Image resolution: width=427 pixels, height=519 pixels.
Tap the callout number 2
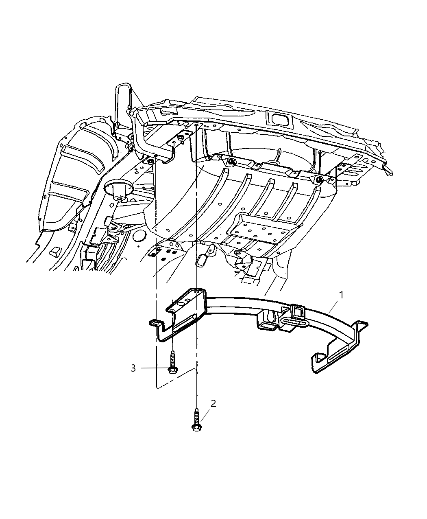[x=213, y=403]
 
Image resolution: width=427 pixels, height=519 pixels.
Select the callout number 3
[x=133, y=368]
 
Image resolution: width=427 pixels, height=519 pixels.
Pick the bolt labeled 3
[x=172, y=362]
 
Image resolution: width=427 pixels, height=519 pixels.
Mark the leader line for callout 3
[x=154, y=368]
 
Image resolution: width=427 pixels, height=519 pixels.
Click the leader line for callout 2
[x=204, y=415]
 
